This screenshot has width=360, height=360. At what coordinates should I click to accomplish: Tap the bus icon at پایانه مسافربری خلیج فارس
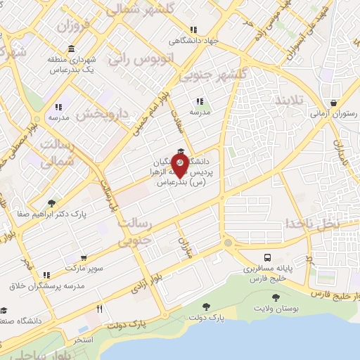click(268, 257)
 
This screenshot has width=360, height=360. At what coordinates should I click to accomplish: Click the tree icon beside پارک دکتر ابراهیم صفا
click(51, 203)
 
